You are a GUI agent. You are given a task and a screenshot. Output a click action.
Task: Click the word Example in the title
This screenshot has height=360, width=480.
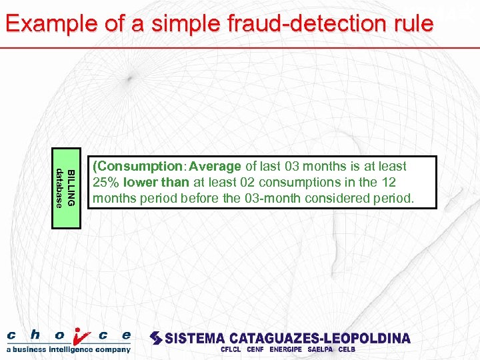tap(43, 24)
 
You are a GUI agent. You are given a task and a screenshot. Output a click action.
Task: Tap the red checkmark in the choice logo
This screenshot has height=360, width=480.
tap(80, 337)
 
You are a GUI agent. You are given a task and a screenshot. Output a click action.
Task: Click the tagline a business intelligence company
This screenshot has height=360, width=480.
tap(69, 349)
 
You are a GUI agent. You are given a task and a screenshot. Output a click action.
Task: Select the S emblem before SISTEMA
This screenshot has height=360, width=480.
tap(156, 338)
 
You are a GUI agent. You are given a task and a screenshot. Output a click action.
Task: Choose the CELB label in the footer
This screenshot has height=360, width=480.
tap(347, 349)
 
